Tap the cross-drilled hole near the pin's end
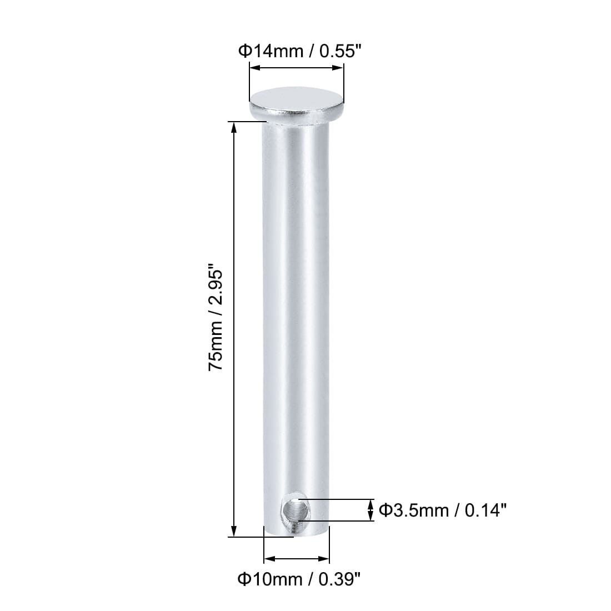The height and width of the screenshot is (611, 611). pyautogui.click(x=294, y=510)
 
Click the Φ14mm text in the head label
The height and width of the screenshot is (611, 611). pyautogui.click(x=271, y=51)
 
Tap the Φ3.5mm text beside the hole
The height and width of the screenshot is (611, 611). pyautogui.click(x=414, y=510)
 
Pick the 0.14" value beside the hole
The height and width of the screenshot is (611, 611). pyautogui.click(x=485, y=510)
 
